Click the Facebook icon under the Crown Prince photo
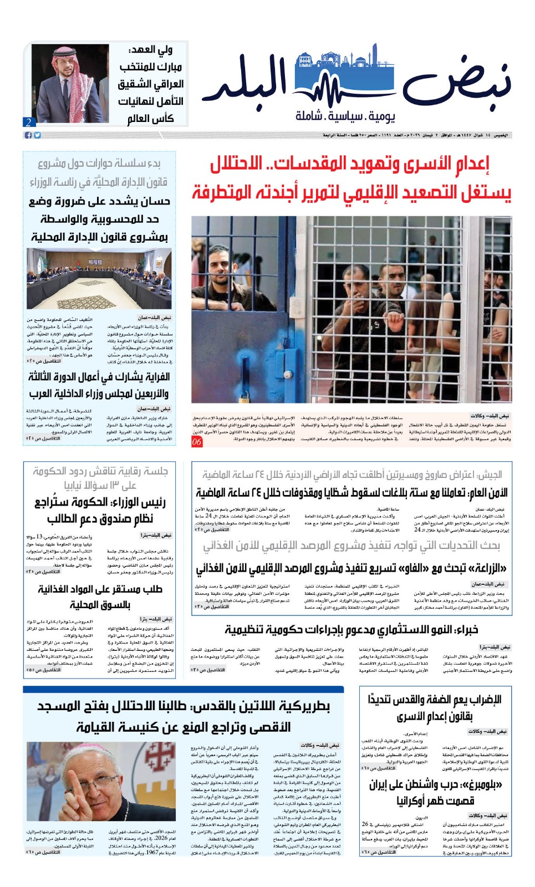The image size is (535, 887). [x=28, y=135]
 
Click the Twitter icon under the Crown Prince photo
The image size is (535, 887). [x=37, y=135]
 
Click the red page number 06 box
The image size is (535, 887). [x=197, y=442]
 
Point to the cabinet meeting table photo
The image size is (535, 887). [x=99, y=278]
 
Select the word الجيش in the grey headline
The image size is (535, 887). [x=489, y=475]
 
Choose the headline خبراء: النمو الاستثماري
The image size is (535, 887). [x=351, y=630]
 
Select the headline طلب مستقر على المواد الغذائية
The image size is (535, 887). [x=100, y=596]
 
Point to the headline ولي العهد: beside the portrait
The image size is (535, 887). [x=150, y=51]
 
